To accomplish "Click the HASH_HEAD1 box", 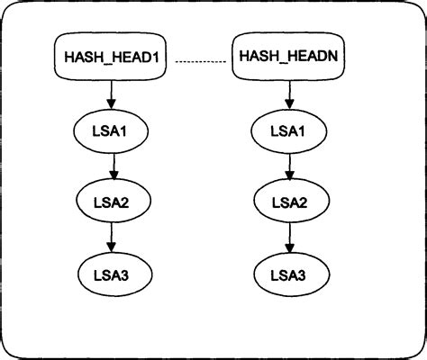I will click(113, 57).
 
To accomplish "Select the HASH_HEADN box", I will click(287, 57).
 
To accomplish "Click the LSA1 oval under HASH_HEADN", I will click(289, 131).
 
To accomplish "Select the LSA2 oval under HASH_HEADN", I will click(289, 202).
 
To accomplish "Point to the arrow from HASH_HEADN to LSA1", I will click(289, 93).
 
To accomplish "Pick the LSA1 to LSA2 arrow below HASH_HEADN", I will click(289, 166).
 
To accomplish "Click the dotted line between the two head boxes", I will click(200, 61).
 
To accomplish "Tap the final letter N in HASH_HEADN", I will click(332, 58).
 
